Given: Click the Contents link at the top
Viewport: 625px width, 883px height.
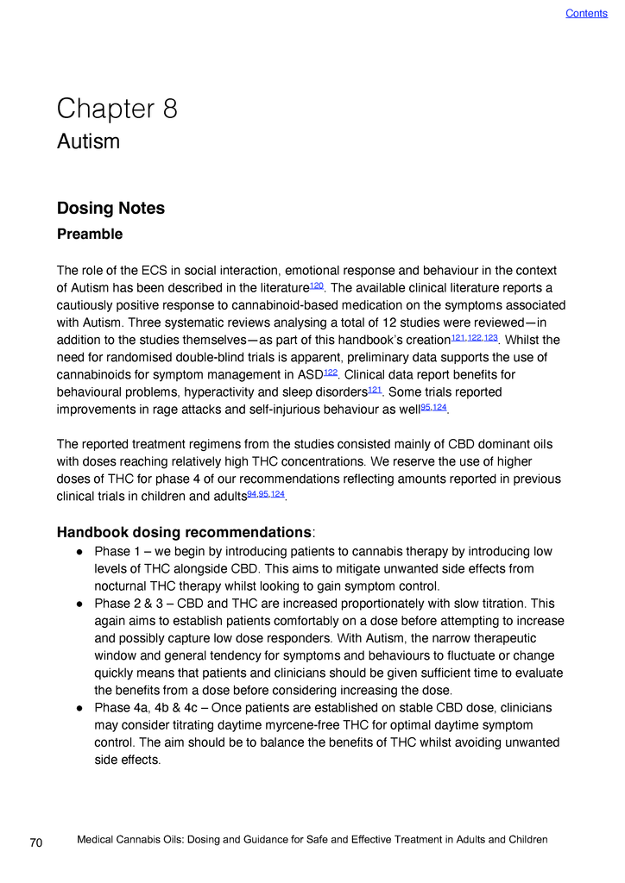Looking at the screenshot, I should (586, 13).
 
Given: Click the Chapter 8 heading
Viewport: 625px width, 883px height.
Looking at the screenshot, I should (117, 110).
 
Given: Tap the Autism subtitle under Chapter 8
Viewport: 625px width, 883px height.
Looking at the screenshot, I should (88, 141).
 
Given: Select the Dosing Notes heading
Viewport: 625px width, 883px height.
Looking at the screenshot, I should (110, 209).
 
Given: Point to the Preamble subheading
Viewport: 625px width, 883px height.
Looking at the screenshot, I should (90, 235).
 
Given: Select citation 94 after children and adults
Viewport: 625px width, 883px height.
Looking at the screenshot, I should (252, 493).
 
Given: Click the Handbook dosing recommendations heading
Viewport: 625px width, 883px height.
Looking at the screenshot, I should (184, 531).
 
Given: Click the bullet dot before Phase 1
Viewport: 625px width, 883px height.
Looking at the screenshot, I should (79, 552).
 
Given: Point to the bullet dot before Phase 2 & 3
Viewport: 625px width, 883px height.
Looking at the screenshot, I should (79, 604).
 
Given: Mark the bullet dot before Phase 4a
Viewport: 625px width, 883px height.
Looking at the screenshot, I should (79, 708).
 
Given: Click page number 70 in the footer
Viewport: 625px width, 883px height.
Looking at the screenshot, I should (36, 843).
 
